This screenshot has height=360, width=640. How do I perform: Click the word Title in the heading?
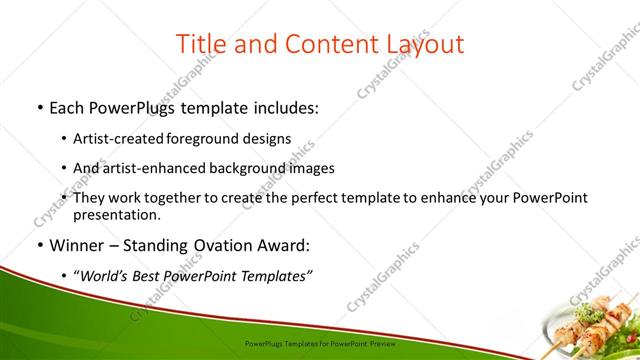(x=200, y=44)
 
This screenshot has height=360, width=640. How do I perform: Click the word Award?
(x=285, y=244)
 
